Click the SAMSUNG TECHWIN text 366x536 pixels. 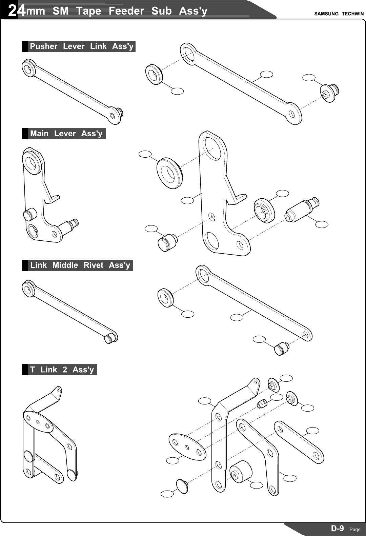coord(339,14)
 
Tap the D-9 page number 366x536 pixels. coord(337,528)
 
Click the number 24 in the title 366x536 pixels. coord(16,11)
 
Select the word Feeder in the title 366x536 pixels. coord(126,11)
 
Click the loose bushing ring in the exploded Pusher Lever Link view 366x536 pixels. coord(154,74)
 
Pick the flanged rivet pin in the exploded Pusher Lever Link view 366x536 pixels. coord(330,93)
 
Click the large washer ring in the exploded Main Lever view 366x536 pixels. coord(169,173)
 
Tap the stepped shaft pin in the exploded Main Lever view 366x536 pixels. coord(302,210)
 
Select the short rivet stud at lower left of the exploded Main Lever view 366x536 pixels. coord(167,242)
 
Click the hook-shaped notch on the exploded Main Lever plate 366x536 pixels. coord(237,198)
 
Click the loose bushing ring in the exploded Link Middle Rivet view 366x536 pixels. coord(165,298)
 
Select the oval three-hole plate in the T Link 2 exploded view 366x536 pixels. coord(187,446)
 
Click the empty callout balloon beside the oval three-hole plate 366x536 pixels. coord(173,460)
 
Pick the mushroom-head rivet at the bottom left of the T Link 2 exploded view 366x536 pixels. coord(182,486)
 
